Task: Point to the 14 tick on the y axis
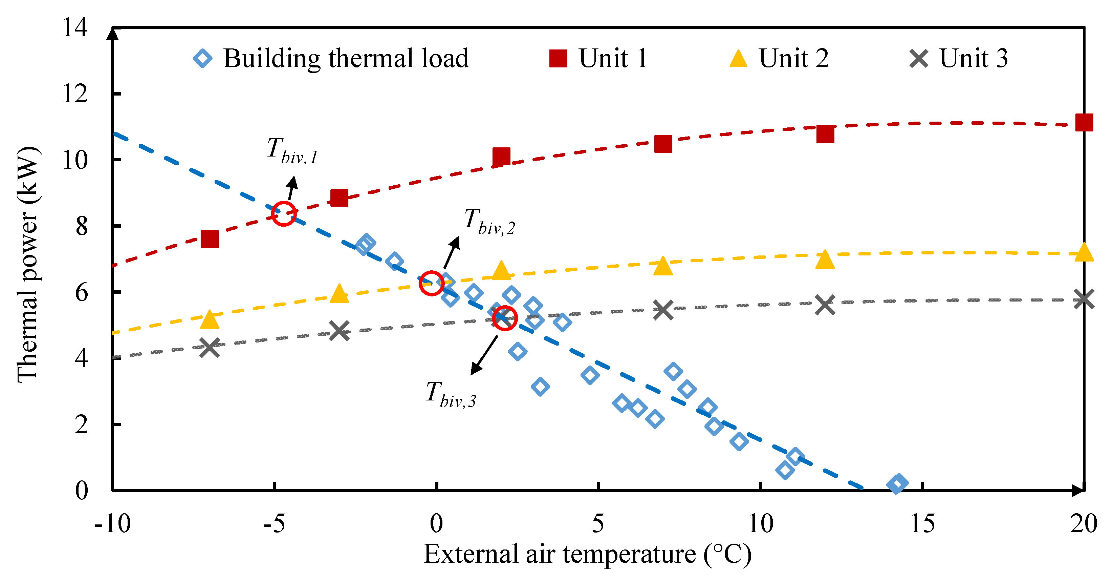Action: click(x=75, y=28)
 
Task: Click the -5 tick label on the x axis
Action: click(x=274, y=523)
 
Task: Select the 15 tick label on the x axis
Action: click(x=922, y=523)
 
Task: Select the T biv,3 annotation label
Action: click(x=451, y=394)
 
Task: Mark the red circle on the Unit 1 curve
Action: click(x=284, y=213)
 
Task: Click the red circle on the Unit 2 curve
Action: click(x=431, y=284)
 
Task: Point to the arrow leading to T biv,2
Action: click(x=452, y=253)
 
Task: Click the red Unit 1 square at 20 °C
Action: click(x=1084, y=123)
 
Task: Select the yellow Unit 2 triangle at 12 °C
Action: click(x=825, y=260)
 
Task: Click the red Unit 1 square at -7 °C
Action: click(x=210, y=239)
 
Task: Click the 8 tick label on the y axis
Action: click(x=81, y=226)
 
